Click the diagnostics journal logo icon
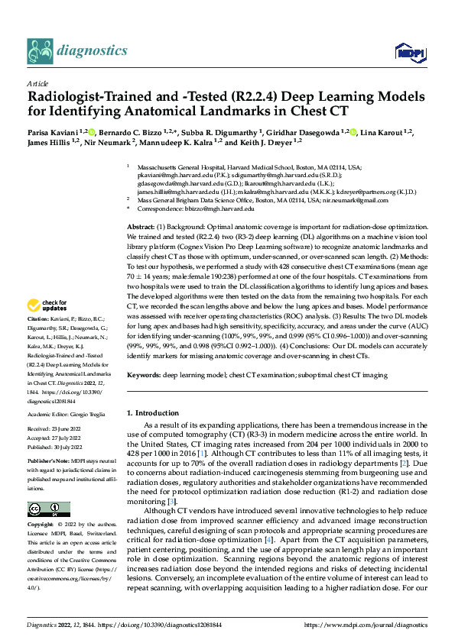[x=40, y=50]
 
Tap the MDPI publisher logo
[x=406, y=52]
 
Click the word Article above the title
[x=37, y=83]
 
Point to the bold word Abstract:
[x=142, y=228]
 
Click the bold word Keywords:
[x=144, y=375]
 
